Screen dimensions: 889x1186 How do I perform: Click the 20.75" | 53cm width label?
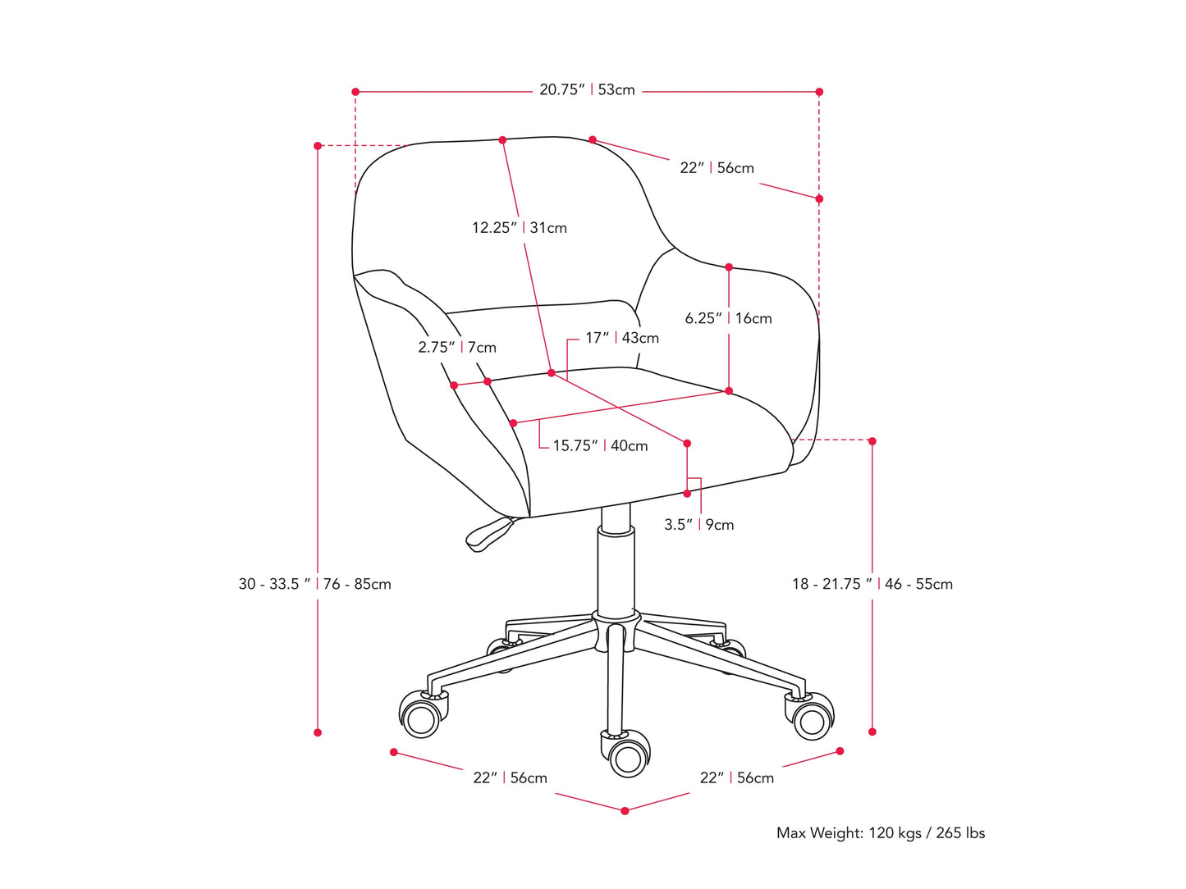tap(587, 90)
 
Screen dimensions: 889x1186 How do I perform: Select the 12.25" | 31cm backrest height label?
tap(519, 228)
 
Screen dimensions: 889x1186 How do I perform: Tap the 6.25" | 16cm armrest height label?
tap(728, 318)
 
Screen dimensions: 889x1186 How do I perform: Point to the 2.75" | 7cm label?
tap(457, 348)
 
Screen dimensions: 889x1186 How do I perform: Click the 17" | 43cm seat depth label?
tap(621, 338)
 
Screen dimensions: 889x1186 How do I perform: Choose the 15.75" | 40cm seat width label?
tap(600, 446)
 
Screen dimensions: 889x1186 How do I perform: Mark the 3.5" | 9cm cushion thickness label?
tap(698, 525)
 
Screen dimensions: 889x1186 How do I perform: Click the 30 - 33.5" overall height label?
tap(315, 584)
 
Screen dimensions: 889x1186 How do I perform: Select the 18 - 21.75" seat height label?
tap(872, 584)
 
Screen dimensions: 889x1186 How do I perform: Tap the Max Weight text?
tap(880, 833)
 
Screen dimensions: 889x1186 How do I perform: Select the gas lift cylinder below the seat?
tap(616, 570)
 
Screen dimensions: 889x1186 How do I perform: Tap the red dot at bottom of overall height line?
tap(318, 732)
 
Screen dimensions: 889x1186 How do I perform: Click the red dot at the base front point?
tap(625, 811)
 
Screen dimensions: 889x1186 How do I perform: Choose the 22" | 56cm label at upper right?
tap(717, 168)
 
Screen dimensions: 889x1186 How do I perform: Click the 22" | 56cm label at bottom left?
tap(510, 778)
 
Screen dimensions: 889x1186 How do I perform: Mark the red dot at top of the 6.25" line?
tap(729, 267)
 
